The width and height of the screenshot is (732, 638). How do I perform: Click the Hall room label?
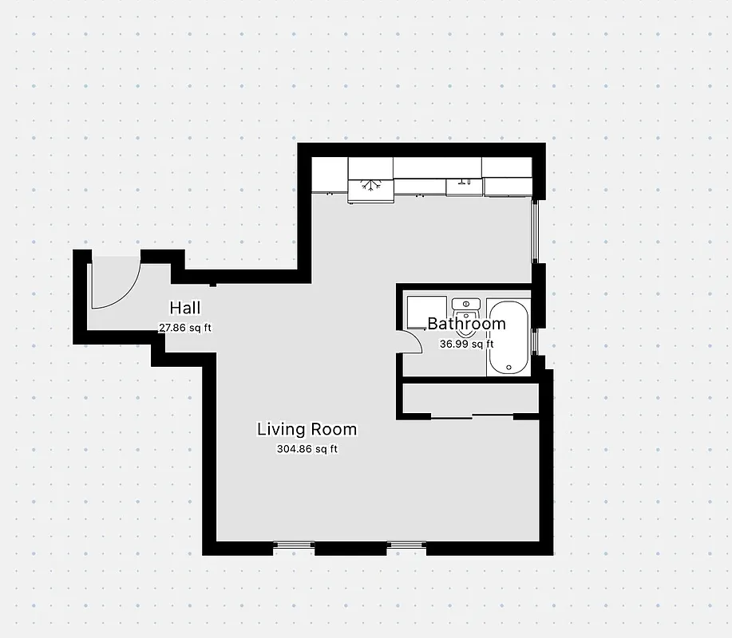(184, 308)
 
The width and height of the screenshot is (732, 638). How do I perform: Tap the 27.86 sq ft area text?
(185, 328)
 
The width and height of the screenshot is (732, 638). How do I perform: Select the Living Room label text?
(307, 429)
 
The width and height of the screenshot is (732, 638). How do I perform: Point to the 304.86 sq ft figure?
(307, 449)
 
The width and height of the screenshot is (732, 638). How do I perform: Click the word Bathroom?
(466, 324)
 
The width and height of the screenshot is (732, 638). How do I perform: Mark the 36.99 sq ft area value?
(466, 345)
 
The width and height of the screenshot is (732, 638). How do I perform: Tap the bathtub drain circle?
(508, 366)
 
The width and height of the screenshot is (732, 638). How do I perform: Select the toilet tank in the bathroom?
(465, 303)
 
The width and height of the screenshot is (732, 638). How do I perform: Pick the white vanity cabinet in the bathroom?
(425, 313)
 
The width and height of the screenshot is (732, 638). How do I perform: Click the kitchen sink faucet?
(463, 183)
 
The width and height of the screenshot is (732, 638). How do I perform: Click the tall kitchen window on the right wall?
(537, 231)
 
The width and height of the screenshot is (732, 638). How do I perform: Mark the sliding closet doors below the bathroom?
(473, 415)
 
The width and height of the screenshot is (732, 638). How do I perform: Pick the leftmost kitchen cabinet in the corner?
(329, 174)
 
